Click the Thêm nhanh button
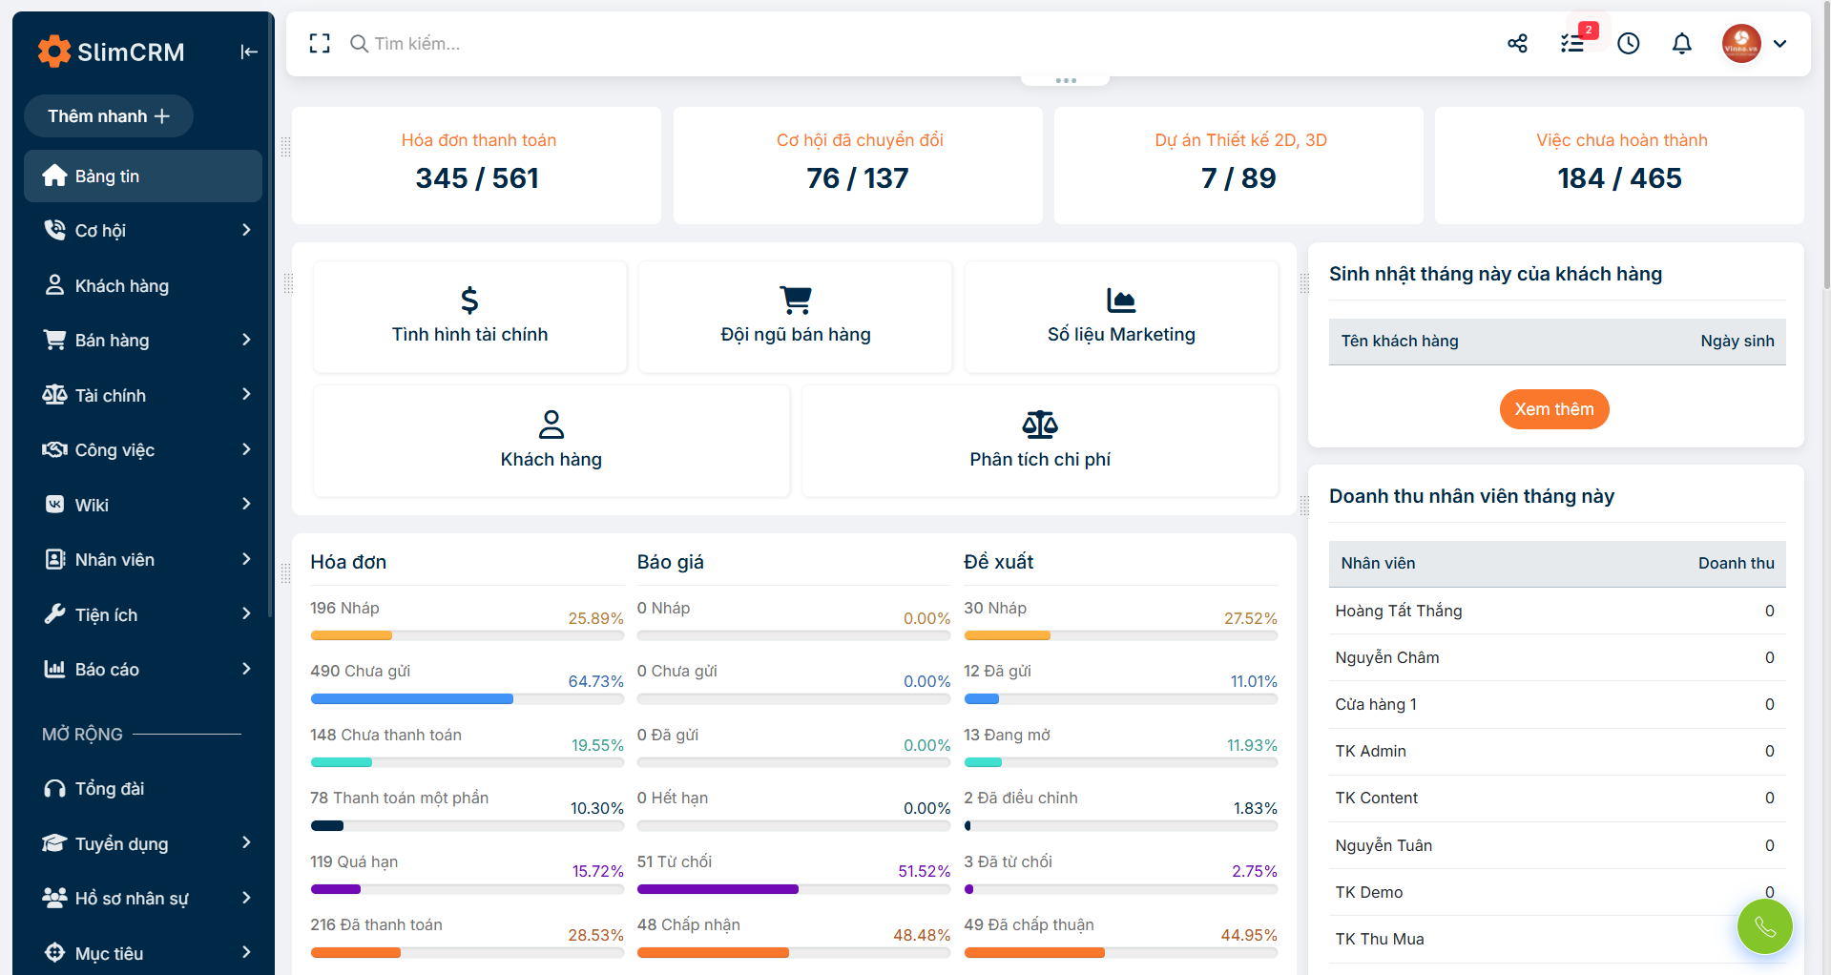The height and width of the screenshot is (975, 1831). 108,116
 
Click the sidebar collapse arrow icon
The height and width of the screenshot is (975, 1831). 249,52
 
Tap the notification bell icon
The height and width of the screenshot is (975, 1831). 1681,44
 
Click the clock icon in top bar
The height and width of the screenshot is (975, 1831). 1628,44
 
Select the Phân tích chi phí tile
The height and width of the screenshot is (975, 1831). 1039,441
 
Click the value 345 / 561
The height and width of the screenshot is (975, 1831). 476,178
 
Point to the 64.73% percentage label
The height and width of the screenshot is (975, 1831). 595,681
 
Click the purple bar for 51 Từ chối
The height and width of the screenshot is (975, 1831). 718,889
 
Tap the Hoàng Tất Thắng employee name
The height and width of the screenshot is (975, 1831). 1398,611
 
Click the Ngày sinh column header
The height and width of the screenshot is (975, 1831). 1737,342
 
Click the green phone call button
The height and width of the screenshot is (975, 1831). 1764,926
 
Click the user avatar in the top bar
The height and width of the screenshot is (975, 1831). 1740,44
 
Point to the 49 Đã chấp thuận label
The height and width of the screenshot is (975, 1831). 1029,924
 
